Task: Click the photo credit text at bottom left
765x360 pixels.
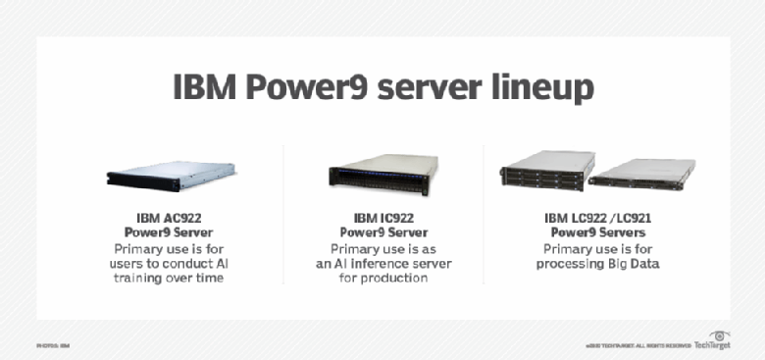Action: click(x=54, y=345)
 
